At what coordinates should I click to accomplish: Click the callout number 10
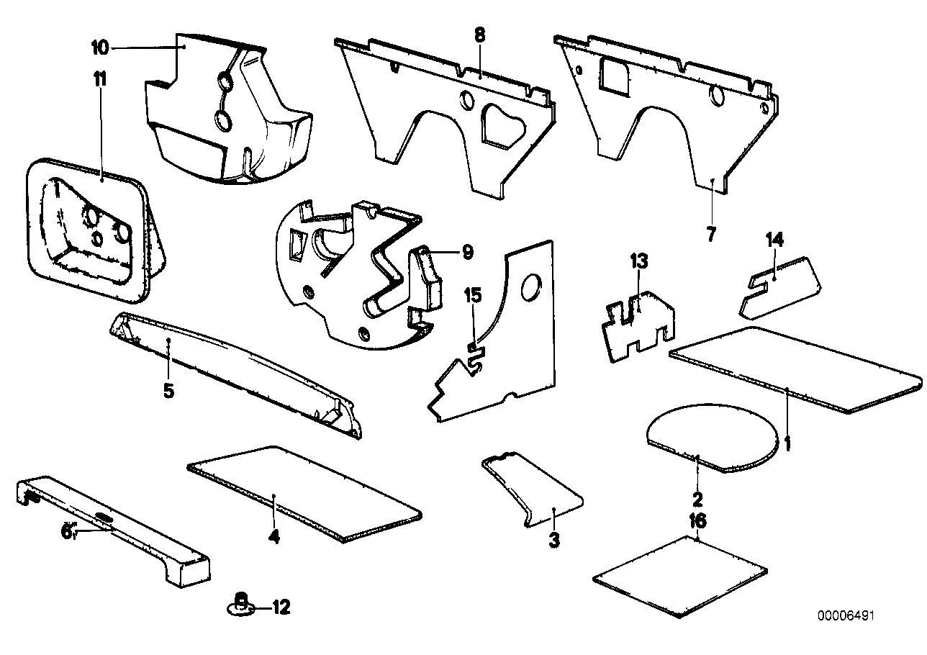[x=100, y=48]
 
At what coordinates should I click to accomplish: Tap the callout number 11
[x=100, y=79]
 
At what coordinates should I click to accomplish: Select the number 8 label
[x=480, y=34]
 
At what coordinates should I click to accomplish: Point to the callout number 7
[x=711, y=234]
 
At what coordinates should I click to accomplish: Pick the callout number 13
[x=640, y=261]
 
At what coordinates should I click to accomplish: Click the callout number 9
[x=467, y=251]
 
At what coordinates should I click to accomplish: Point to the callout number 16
[x=697, y=520]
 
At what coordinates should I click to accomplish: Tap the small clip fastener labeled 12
[x=243, y=605]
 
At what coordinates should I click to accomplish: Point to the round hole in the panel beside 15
[x=532, y=286]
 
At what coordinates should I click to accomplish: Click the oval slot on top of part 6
[x=104, y=518]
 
